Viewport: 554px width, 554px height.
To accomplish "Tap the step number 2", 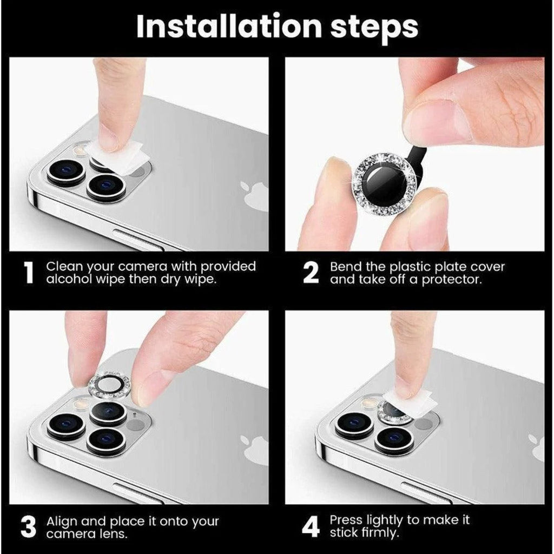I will (x=311, y=273).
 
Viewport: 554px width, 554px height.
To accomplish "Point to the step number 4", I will (x=311, y=526).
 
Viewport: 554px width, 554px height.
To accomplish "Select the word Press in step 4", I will (x=347, y=520).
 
